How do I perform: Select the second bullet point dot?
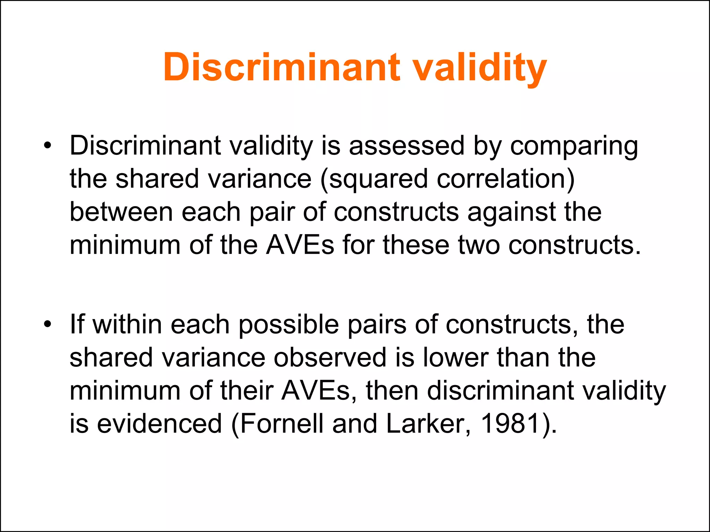[x=47, y=324]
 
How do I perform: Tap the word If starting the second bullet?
[x=77, y=324]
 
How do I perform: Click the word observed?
[x=330, y=357]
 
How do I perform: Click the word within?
[x=128, y=324]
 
